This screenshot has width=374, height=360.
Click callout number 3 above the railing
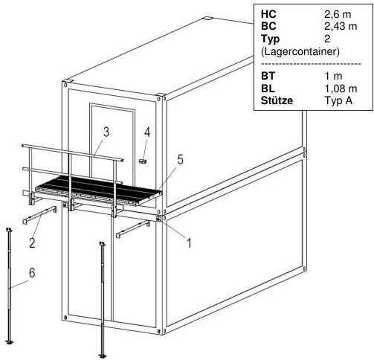point(106,132)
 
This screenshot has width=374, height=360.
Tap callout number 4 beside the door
point(147,132)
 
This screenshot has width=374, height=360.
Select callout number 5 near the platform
point(180,160)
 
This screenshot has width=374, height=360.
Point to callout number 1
point(189,242)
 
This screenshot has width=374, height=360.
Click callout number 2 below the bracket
point(32,242)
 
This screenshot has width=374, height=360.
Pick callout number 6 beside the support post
point(32,273)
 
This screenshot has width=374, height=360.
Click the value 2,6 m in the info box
point(338,14)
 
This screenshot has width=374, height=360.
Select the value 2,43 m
point(341,26)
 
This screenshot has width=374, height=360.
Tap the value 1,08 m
point(341,89)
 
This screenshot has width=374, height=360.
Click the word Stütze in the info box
point(277,100)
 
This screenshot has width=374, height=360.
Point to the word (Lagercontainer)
point(300,51)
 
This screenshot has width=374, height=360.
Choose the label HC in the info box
point(268,14)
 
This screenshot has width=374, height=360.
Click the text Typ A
point(338,100)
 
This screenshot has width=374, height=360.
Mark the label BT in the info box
point(268,76)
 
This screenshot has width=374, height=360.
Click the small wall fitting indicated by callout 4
point(143,161)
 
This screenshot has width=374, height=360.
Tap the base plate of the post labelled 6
point(10,342)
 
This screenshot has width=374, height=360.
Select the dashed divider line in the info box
point(311,64)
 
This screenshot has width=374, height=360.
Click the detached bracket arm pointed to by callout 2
point(39,215)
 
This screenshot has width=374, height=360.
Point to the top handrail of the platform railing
point(73,152)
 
